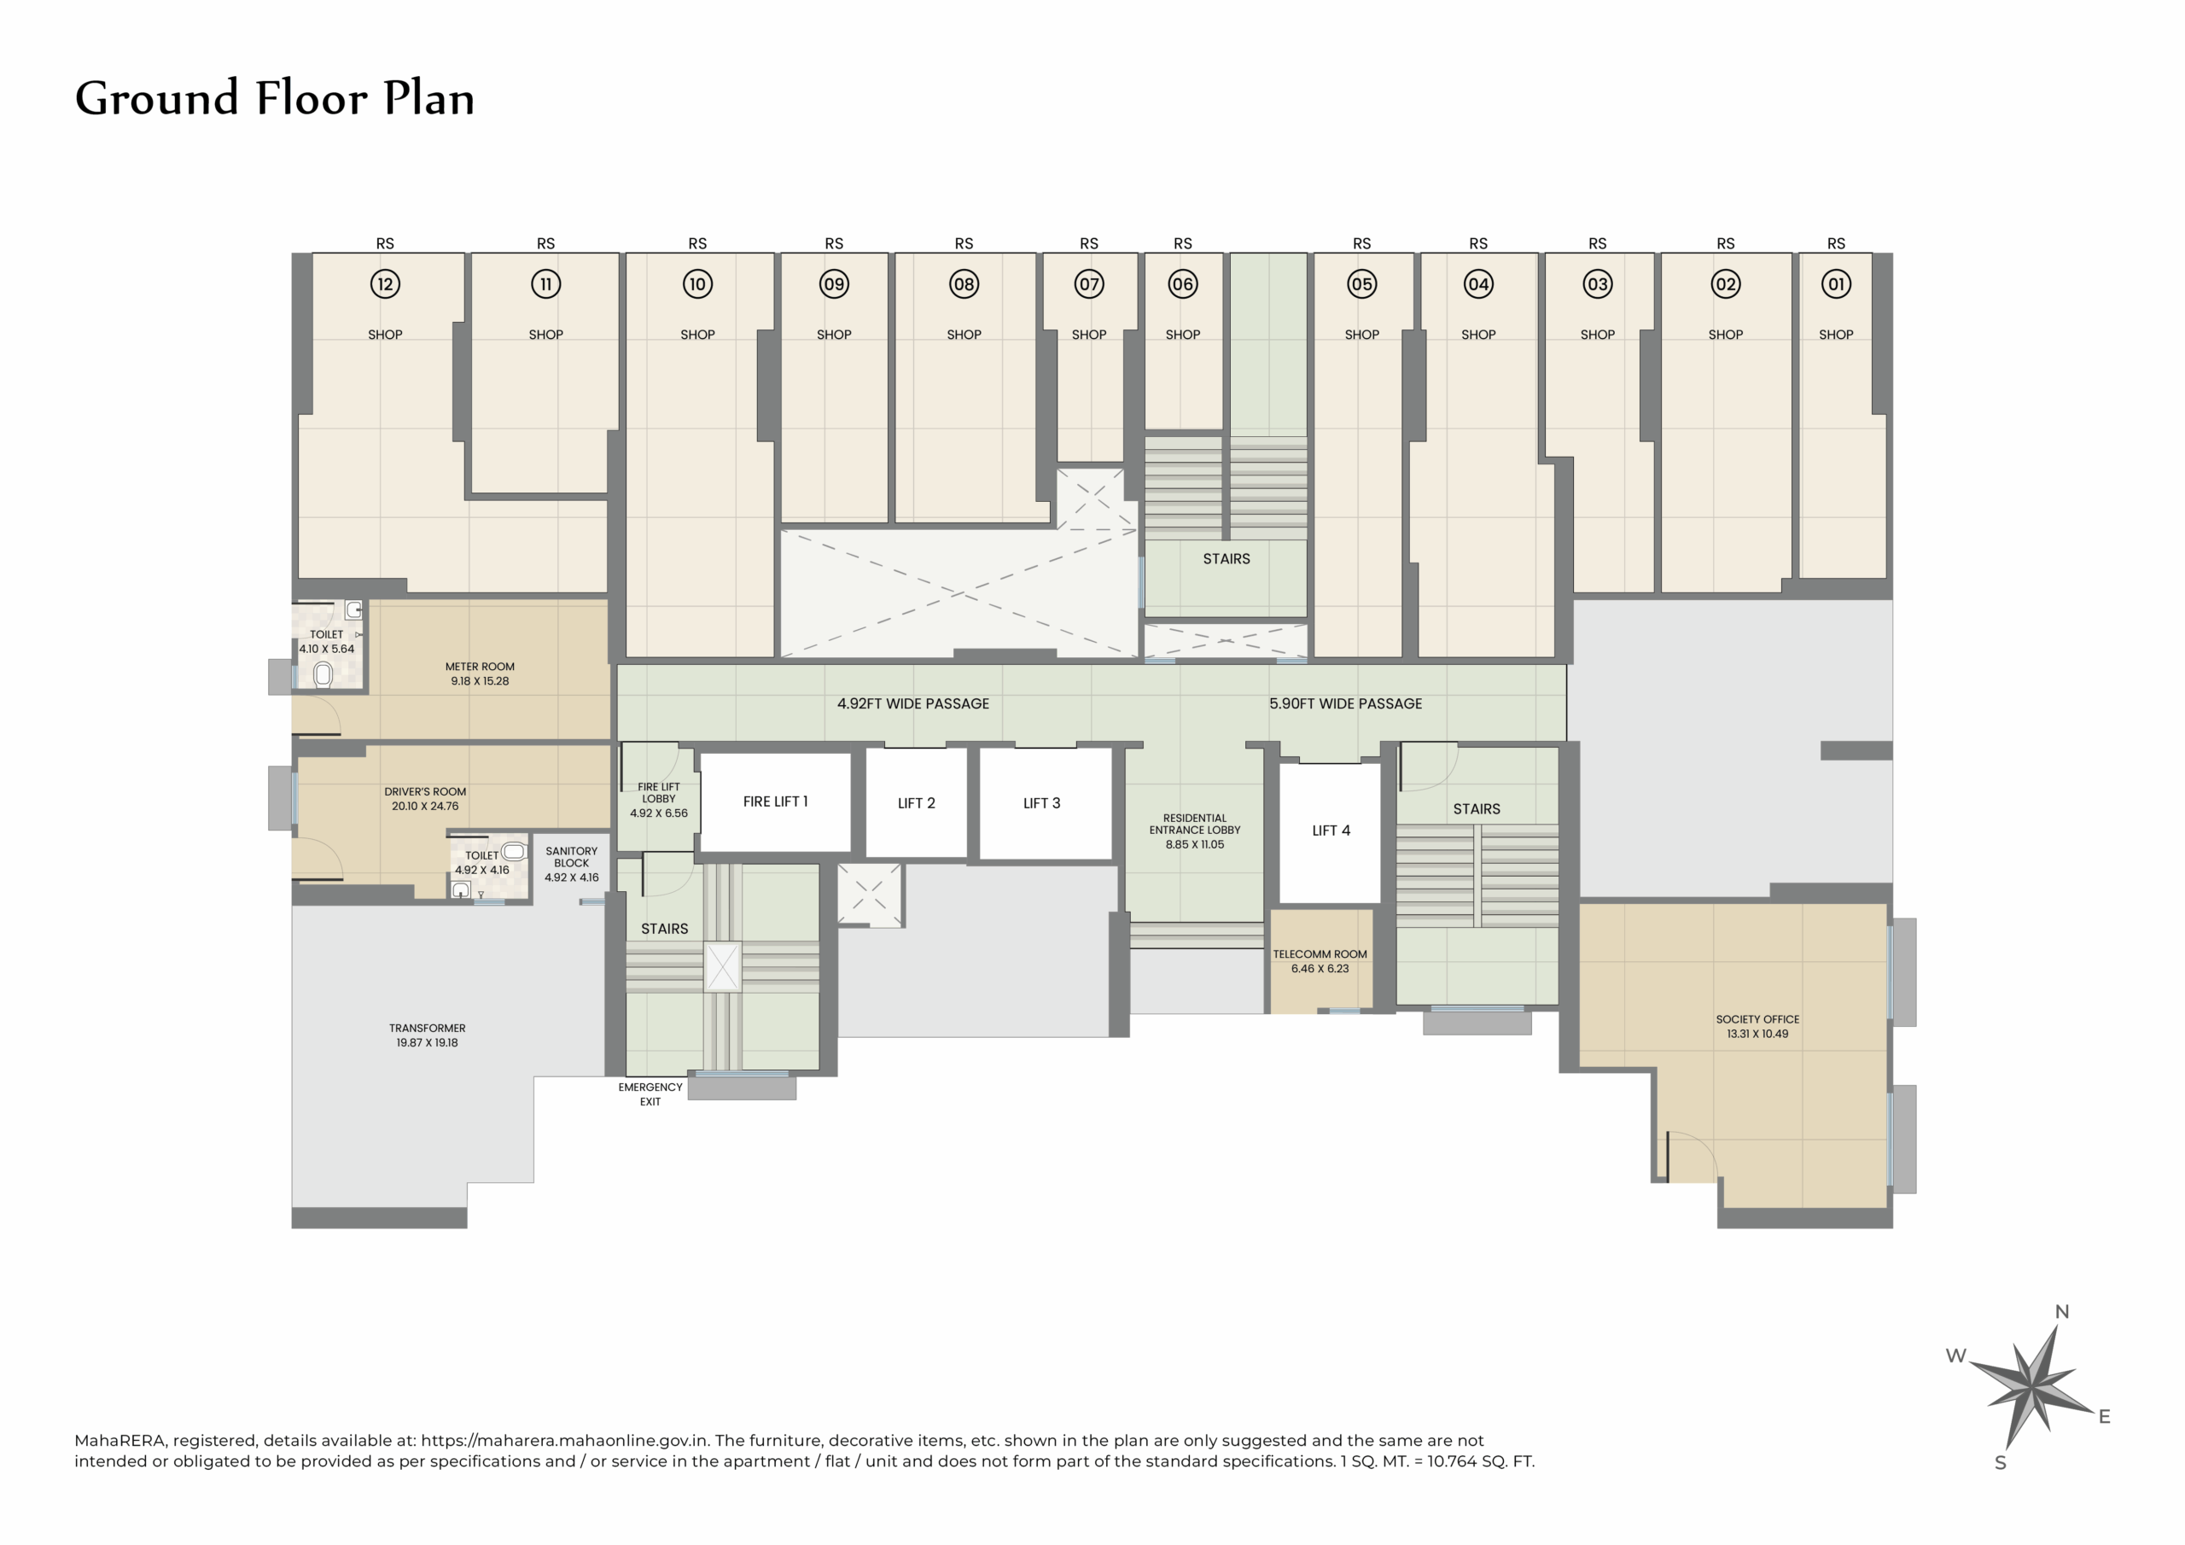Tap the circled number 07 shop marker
pos(1089,283)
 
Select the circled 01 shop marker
pos(1836,283)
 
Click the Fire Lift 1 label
pos(775,802)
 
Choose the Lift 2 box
pos(917,803)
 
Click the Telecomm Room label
pos(1320,953)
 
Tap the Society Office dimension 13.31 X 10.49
pos(1757,1034)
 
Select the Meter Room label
pos(480,667)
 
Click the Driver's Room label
pos(424,791)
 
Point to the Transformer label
pos(428,1028)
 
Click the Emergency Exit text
pos(650,1093)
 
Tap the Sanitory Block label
pos(571,857)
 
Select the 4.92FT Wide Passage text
pos(912,703)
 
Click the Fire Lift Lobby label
pos(659,793)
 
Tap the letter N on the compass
pos(2061,1312)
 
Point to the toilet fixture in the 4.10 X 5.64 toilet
pos(323,675)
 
